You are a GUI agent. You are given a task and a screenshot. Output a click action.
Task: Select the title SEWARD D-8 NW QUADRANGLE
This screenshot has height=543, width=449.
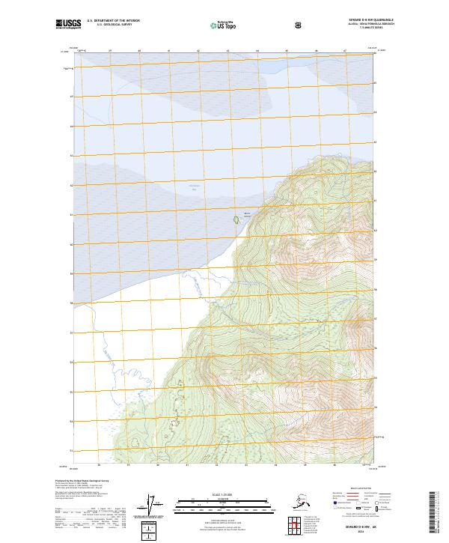point(355,20)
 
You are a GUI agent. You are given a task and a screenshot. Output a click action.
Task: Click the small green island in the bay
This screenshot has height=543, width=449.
point(236,220)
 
